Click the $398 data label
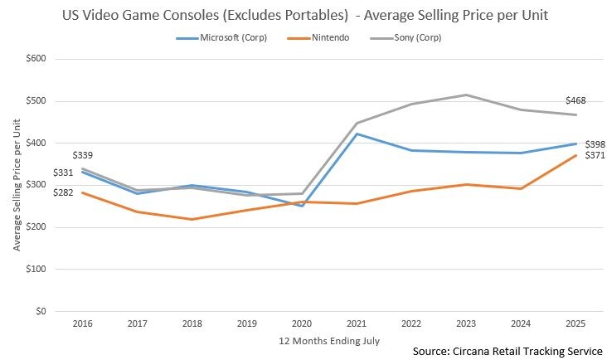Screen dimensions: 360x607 (595, 144)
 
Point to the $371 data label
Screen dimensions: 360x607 (595, 156)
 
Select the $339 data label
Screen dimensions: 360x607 (83, 155)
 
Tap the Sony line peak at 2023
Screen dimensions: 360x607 (467, 95)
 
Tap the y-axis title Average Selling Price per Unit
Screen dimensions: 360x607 (17, 185)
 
